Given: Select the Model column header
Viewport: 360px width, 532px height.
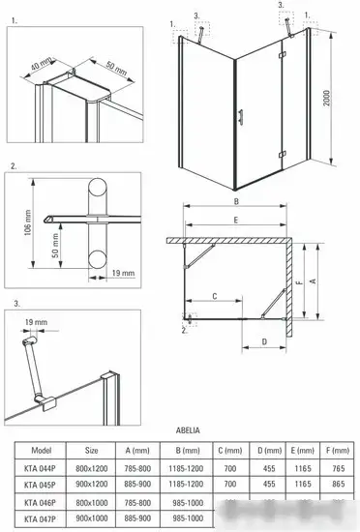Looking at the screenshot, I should coord(41,450).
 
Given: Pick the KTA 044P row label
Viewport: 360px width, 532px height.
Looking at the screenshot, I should coord(41,466).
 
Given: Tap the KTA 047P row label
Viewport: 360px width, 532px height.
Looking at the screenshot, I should coord(41,517).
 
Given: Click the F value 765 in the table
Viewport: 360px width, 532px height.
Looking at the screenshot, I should coord(338,466).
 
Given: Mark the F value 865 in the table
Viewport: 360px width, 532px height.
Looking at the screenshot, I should coord(338,484).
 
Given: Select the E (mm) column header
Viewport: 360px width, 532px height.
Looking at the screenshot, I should coord(300,450).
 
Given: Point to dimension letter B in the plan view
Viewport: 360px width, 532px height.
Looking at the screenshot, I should coord(235,202).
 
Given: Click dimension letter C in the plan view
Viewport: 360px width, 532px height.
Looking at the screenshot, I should coord(214,296).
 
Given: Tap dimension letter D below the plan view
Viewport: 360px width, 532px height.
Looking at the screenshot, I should coord(263,342).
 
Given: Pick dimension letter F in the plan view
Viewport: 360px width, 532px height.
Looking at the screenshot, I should coord(301,283).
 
